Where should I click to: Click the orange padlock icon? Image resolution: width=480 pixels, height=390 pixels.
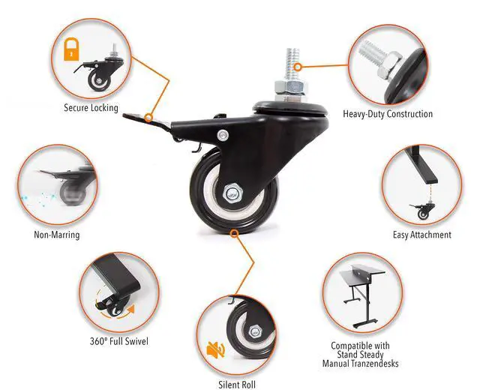[70, 49]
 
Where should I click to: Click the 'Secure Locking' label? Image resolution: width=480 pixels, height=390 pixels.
[91, 108]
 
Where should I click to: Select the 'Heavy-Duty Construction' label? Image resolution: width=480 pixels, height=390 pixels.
[388, 115]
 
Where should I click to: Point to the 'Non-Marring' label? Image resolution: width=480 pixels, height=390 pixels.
[56, 235]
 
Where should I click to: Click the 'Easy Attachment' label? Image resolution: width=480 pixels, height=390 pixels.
[422, 235]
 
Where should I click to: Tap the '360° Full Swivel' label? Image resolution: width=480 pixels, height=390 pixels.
[118, 342]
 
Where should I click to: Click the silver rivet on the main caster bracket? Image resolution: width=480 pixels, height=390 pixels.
[223, 135]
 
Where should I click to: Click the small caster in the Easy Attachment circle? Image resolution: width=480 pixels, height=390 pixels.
[424, 213]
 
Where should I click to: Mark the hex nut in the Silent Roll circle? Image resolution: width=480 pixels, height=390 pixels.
[255, 331]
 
